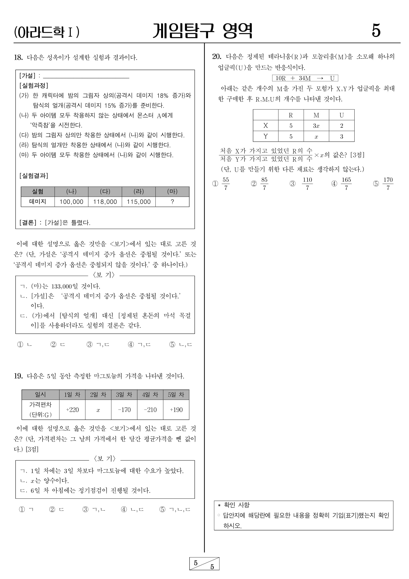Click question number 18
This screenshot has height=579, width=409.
(x=18, y=57)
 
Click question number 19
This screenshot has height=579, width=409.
(x=18, y=376)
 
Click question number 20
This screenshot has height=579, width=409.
(x=217, y=56)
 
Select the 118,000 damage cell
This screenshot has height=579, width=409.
(x=105, y=202)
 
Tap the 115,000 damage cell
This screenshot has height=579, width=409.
(x=139, y=202)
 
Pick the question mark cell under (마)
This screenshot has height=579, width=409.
(x=172, y=202)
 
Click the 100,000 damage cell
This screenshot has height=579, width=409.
(x=71, y=202)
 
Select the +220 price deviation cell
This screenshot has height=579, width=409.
(x=72, y=410)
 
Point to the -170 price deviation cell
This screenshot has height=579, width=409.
(x=124, y=410)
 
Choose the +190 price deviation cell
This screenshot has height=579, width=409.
(x=176, y=410)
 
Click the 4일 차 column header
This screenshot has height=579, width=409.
(x=150, y=395)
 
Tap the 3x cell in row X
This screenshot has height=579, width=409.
(x=316, y=126)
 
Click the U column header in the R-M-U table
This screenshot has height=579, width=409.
(x=341, y=115)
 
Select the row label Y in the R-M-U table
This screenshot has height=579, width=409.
(x=265, y=137)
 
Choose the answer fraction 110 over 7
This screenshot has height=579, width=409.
(x=307, y=184)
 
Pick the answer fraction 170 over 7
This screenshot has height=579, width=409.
(x=388, y=184)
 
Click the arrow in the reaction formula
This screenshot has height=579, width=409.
(x=320, y=78)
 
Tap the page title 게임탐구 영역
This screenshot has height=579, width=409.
(x=202, y=31)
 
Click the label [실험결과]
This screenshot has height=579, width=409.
(x=34, y=175)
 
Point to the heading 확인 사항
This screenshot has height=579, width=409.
(x=237, y=505)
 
